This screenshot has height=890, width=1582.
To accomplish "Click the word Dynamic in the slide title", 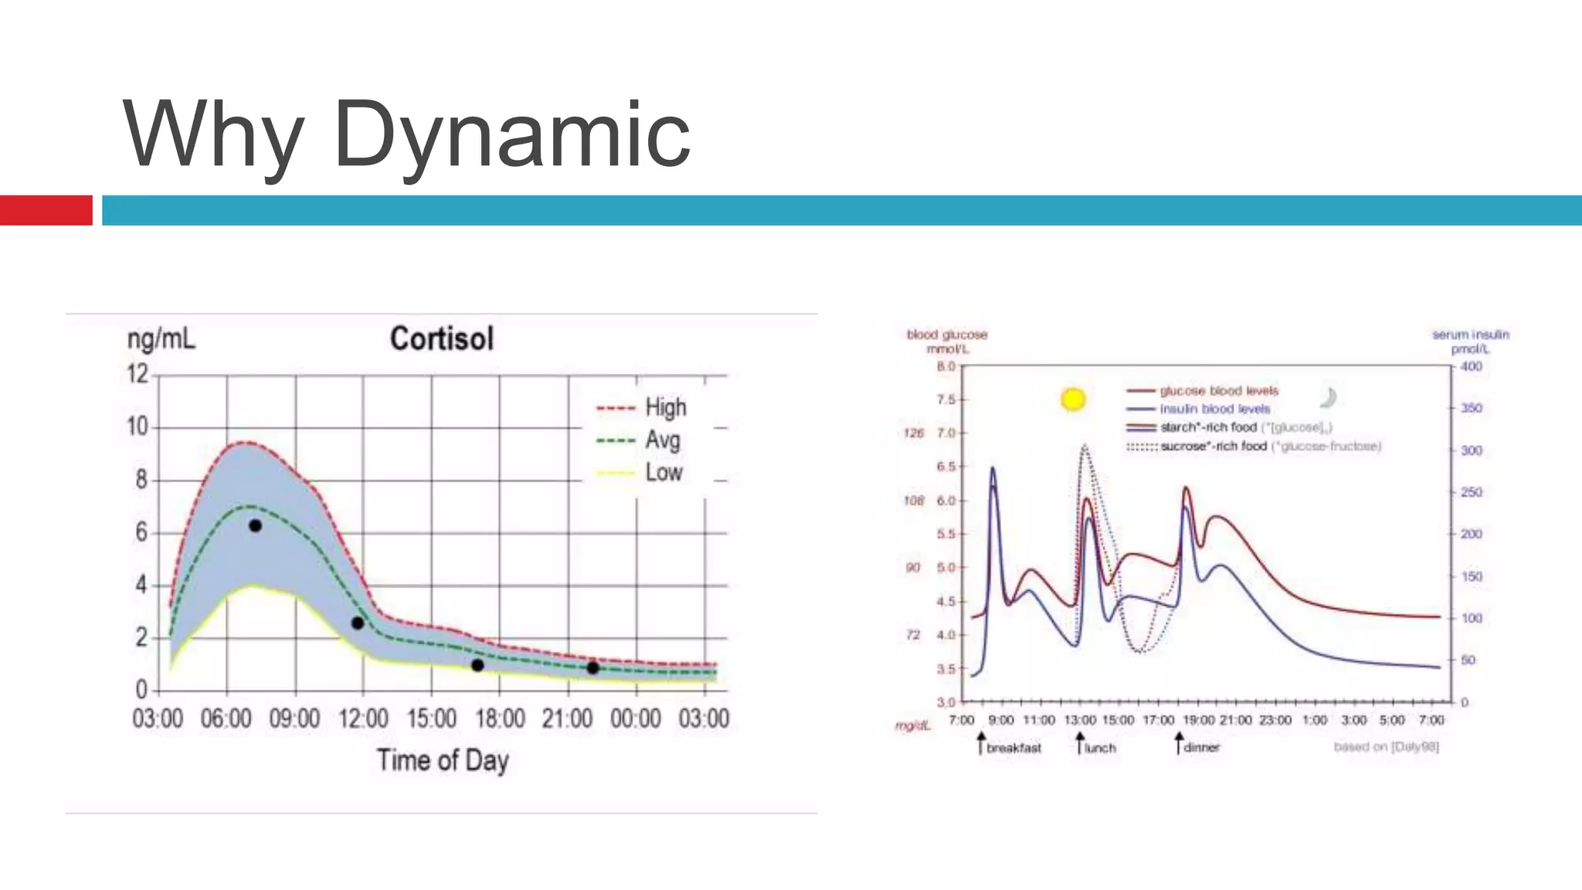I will [x=511, y=135].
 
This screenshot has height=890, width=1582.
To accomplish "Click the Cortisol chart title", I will [x=441, y=339].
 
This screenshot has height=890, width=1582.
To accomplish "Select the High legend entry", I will [x=665, y=407].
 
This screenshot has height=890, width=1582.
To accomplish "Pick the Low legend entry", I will [x=663, y=473].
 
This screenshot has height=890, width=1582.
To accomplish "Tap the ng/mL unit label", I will [x=161, y=339].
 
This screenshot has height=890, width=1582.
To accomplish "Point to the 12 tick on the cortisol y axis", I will [x=137, y=375].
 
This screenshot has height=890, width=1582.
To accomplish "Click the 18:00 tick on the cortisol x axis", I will [x=500, y=718].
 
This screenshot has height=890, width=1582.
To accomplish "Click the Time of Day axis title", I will [x=443, y=760].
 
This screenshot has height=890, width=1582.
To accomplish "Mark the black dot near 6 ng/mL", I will [x=255, y=526].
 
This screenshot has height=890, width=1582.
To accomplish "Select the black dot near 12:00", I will [x=358, y=623].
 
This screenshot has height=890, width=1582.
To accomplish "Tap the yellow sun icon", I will [x=1073, y=399].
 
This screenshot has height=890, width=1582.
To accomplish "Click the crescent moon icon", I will [x=1329, y=398].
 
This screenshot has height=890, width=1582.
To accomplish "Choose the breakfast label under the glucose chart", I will [x=1013, y=748].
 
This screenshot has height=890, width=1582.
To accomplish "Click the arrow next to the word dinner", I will [x=1178, y=744].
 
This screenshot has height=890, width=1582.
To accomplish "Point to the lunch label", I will [x=1100, y=748].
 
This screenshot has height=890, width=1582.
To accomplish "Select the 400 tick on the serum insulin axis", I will [x=1471, y=366].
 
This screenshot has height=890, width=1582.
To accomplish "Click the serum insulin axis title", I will [x=1470, y=341].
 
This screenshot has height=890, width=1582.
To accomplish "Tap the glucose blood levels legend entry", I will [x=1218, y=391].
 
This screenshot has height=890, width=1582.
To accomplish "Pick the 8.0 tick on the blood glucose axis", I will [x=946, y=366].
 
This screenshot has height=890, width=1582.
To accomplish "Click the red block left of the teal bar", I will [x=46, y=210].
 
